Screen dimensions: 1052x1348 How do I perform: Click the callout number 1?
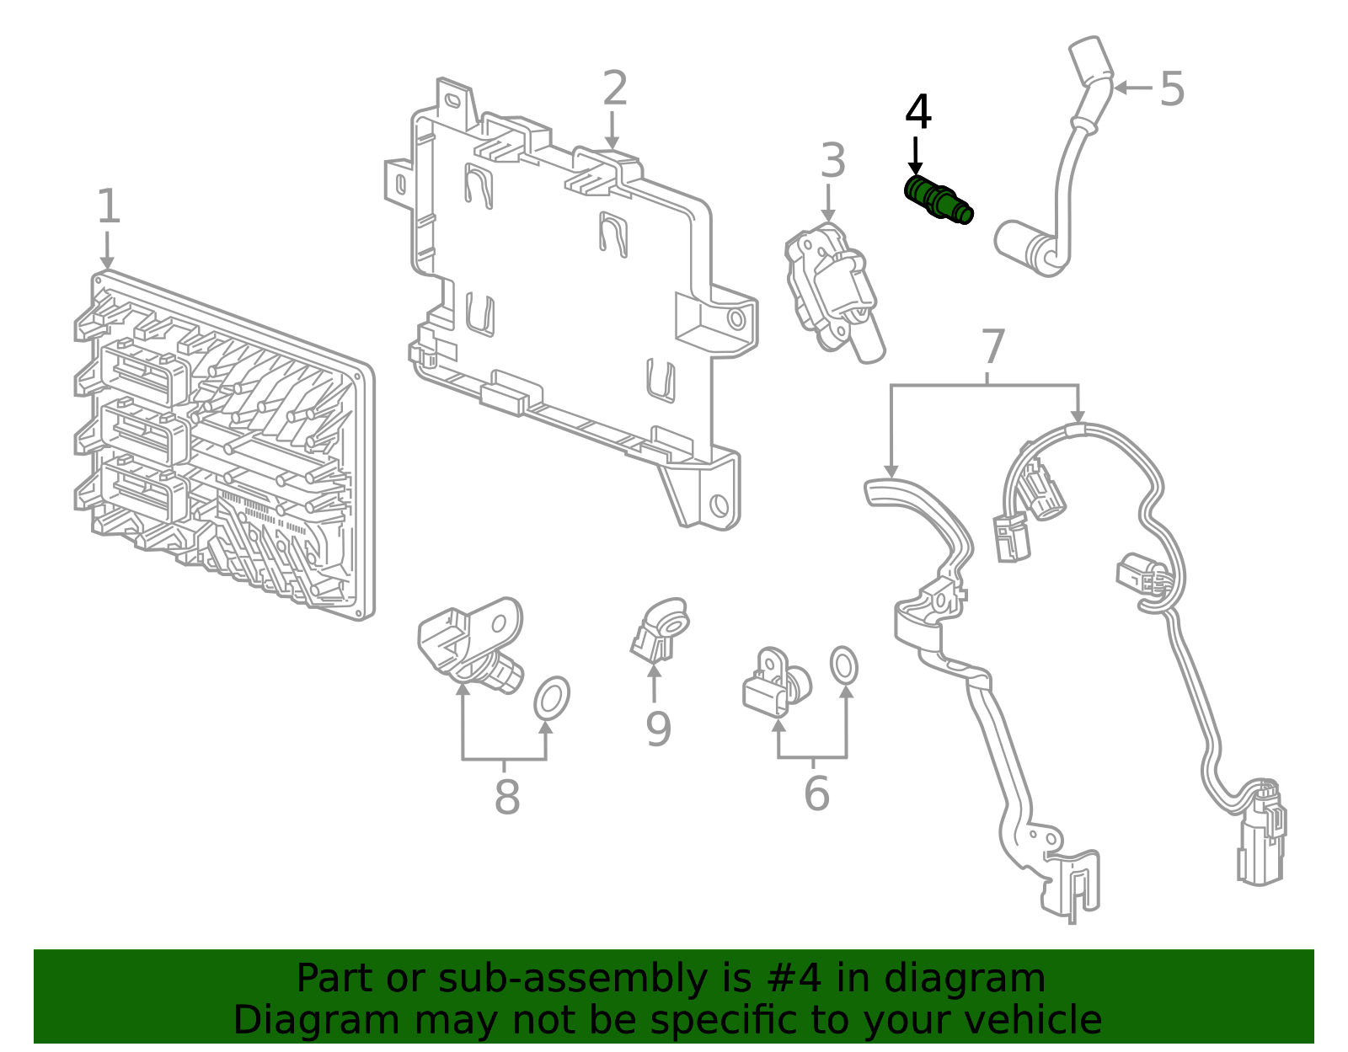coord(108,206)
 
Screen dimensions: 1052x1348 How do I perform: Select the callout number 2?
coord(615,89)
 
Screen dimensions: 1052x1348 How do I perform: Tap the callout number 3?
coord(832,161)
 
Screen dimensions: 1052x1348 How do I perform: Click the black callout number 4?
coord(917,113)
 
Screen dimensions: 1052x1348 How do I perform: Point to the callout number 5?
coord(1172,88)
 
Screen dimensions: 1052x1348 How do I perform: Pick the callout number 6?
coord(816,793)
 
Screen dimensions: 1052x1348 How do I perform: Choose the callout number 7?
coord(993,347)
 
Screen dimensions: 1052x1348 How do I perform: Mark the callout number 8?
coord(506,797)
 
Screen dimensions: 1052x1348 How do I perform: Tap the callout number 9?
coord(657,729)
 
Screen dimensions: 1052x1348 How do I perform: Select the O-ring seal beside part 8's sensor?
coord(552,698)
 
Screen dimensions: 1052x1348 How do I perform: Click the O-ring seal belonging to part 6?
coord(844,666)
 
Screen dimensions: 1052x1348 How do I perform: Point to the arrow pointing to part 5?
coord(1132,88)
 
